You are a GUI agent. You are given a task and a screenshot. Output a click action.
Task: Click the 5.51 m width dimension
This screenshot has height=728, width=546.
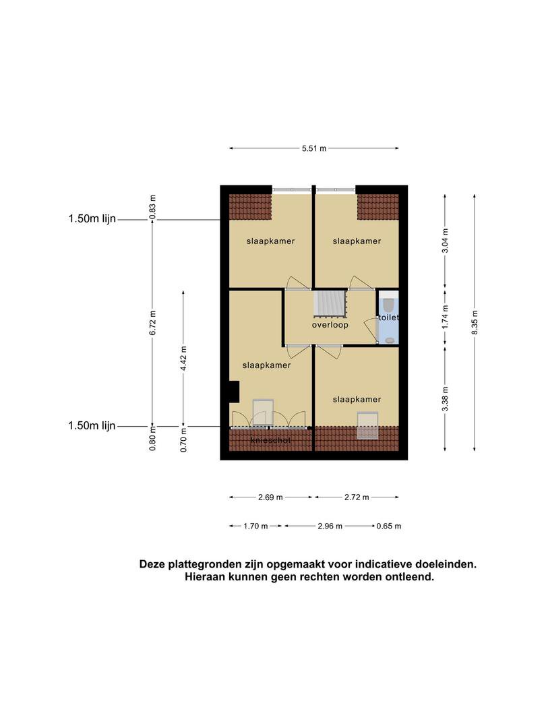click(x=314, y=148)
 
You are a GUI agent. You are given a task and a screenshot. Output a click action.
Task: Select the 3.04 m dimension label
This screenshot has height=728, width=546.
click(x=446, y=241)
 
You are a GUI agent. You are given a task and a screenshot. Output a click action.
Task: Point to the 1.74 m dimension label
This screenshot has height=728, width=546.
click(x=446, y=317)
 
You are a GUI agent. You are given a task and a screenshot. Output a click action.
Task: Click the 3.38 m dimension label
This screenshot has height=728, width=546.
click(x=446, y=399)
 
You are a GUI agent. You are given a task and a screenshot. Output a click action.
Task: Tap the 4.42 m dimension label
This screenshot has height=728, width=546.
click(x=183, y=359)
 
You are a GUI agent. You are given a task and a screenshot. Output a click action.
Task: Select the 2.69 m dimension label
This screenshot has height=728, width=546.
click(x=271, y=497)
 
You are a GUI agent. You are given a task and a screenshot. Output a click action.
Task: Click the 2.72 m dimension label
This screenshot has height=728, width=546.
click(x=357, y=497)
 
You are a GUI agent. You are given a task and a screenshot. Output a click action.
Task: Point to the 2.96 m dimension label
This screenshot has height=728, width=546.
click(x=330, y=526)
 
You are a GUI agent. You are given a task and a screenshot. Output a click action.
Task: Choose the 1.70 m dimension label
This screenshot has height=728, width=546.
click(x=256, y=526)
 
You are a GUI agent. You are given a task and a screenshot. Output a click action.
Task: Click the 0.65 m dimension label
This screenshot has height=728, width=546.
click(x=389, y=526)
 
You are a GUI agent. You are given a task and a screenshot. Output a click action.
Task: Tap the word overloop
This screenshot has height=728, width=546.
click(x=330, y=325)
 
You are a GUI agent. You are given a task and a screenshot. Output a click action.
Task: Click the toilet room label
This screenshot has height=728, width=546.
click(x=389, y=317)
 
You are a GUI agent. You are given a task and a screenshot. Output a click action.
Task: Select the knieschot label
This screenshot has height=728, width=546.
click(x=271, y=440)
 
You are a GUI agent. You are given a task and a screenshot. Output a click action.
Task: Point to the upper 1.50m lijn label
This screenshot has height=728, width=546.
click(x=92, y=218)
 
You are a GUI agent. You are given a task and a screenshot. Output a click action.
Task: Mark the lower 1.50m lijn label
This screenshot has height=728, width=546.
click(x=92, y=426)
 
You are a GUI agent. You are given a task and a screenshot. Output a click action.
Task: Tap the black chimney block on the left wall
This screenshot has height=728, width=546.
click(x=234, y=392)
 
